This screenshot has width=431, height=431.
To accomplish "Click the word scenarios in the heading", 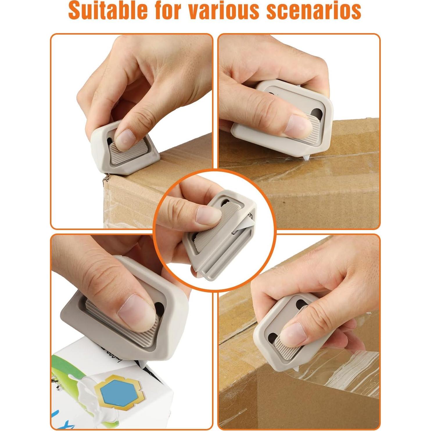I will point(314,11).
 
